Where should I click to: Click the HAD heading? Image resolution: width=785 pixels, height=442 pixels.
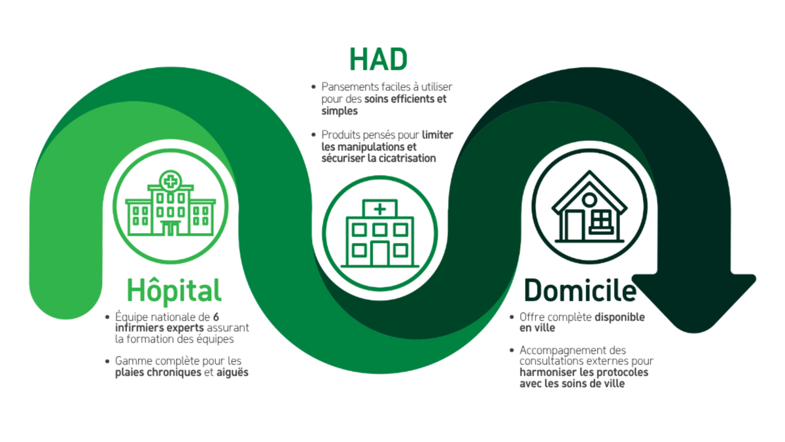[x=379, y=60]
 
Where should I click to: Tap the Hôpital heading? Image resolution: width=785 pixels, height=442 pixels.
[x=174, y=291]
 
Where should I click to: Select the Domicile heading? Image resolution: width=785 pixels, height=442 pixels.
[x=580, y=290]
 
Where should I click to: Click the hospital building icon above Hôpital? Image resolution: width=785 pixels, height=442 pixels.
[x=170, y=203]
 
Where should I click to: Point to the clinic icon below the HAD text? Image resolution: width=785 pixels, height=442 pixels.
[x=380, y=233]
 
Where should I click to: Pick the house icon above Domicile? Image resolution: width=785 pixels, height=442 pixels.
[x=589, y=207]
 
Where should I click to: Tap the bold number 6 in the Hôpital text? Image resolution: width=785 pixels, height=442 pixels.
[x=217, y=317]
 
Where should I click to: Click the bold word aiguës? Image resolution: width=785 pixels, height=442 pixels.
[x=232, y=373]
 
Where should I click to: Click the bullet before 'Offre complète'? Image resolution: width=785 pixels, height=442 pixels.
[x=512, y=317]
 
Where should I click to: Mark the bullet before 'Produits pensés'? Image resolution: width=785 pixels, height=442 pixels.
[x=313, y=135]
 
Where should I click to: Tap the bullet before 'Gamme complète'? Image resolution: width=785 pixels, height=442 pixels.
[x=107, y=361]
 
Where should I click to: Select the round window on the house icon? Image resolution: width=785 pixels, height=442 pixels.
[x=589, y=200]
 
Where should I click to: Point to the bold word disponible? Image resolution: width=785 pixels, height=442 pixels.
[x=619, y=317]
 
